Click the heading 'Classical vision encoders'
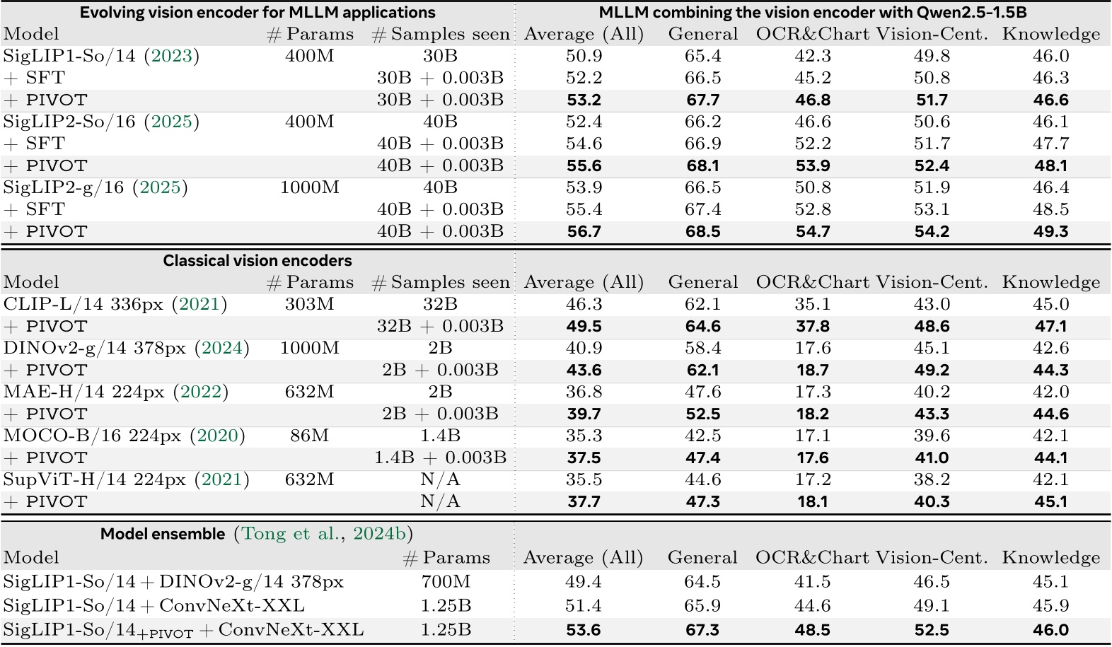257,261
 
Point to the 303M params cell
309,304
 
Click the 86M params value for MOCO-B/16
309,436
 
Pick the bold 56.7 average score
584,232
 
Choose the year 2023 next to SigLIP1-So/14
171,56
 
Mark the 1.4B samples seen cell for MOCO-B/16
440,436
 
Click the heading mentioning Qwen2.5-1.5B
812,12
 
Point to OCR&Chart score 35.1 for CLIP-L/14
812,304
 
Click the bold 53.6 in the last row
584,630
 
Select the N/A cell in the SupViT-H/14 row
440,479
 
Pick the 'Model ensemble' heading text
163,534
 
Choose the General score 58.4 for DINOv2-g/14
702,348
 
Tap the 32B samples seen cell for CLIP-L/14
440,304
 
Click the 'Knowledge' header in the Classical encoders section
1050,282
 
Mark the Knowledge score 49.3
1050,232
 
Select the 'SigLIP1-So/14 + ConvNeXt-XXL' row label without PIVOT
154,606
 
